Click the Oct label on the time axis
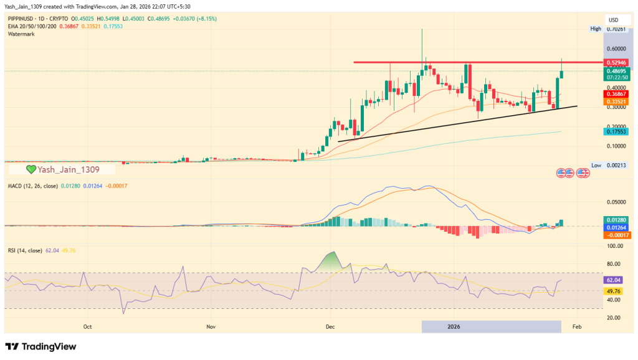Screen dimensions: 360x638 coord(87,326)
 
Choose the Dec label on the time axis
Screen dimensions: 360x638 coord(330,326)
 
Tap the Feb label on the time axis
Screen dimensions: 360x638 coord(577,326)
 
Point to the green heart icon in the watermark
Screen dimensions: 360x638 coord(31,169)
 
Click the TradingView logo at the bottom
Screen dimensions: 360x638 coord(41,346)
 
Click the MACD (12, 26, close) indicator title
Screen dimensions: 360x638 coord(33,186)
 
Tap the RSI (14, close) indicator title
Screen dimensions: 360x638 coord(25,250)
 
